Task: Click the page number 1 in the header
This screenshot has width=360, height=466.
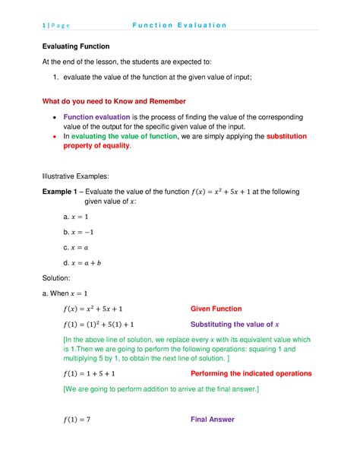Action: [x=44, y=25]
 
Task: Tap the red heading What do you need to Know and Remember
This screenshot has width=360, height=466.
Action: [x=113, y=102]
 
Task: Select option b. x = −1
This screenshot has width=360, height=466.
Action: [x=78, y=232]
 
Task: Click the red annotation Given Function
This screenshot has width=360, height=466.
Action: [x=216, y=309]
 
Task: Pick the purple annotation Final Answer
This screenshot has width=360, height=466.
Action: [x=212, y=420]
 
